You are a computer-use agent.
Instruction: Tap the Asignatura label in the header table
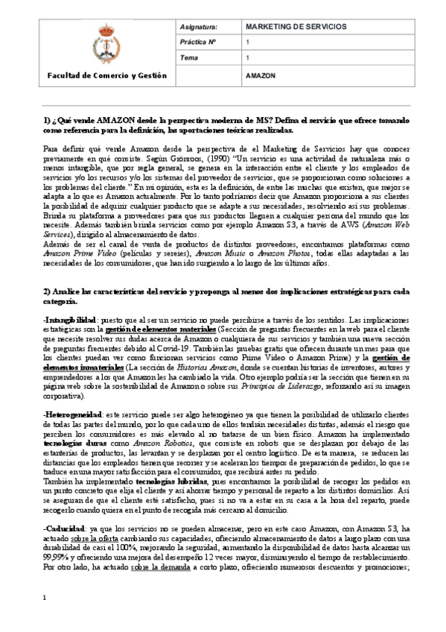(197, 27)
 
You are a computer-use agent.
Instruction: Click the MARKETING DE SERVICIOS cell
(296, 27)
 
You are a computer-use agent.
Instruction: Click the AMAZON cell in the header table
(261, 76)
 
